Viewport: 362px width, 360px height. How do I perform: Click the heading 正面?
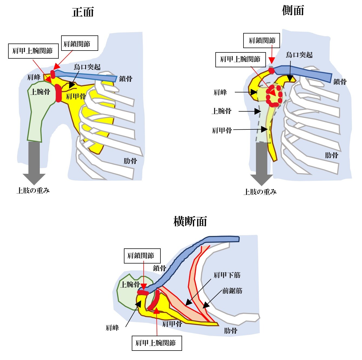pyautogui.click(x=83, y=12)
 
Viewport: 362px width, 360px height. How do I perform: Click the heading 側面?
pyautogui.click(x=293, y=11)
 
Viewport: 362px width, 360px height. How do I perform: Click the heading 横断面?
pyautogui.click(x=190, y=221)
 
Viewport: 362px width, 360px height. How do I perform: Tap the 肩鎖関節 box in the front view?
pyautogui.click(x=79, y=43)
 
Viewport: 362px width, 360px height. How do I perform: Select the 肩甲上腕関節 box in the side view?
pyautogui.click(x=240, y=59)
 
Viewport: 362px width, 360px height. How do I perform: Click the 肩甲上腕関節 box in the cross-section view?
pyautogui.click(x=157, y=343)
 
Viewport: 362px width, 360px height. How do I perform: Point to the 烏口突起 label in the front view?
pyautogui.click(x=87, y=67)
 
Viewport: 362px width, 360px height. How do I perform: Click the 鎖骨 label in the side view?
pyautogui.click(x=340, y=82)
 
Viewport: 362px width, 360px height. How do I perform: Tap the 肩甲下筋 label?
pyautogui.click(x=227, y=275)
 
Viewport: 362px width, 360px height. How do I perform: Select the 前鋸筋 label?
pyautogui.click(x=232, y=291)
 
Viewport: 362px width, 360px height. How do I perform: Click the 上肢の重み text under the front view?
pyautogui.click(x=33, y=191)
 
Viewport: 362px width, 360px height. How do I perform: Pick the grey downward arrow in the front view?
pyautogui.click(x=34, y=162)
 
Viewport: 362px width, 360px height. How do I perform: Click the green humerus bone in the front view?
pyautogui.click(x=38, y=114)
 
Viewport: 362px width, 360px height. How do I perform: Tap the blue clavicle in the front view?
pyautogui.click(x=89, y=76)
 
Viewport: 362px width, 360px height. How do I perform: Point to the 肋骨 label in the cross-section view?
pyautogui.click(x=231, y=331)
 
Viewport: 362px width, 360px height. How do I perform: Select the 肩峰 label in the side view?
pyautogui.click(x=220, y=92)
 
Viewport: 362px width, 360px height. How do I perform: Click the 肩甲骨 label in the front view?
pyautogui.click(x=76, y=96)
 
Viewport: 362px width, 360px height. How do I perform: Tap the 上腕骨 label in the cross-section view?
pyautogui.click(x=130, y=284)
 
